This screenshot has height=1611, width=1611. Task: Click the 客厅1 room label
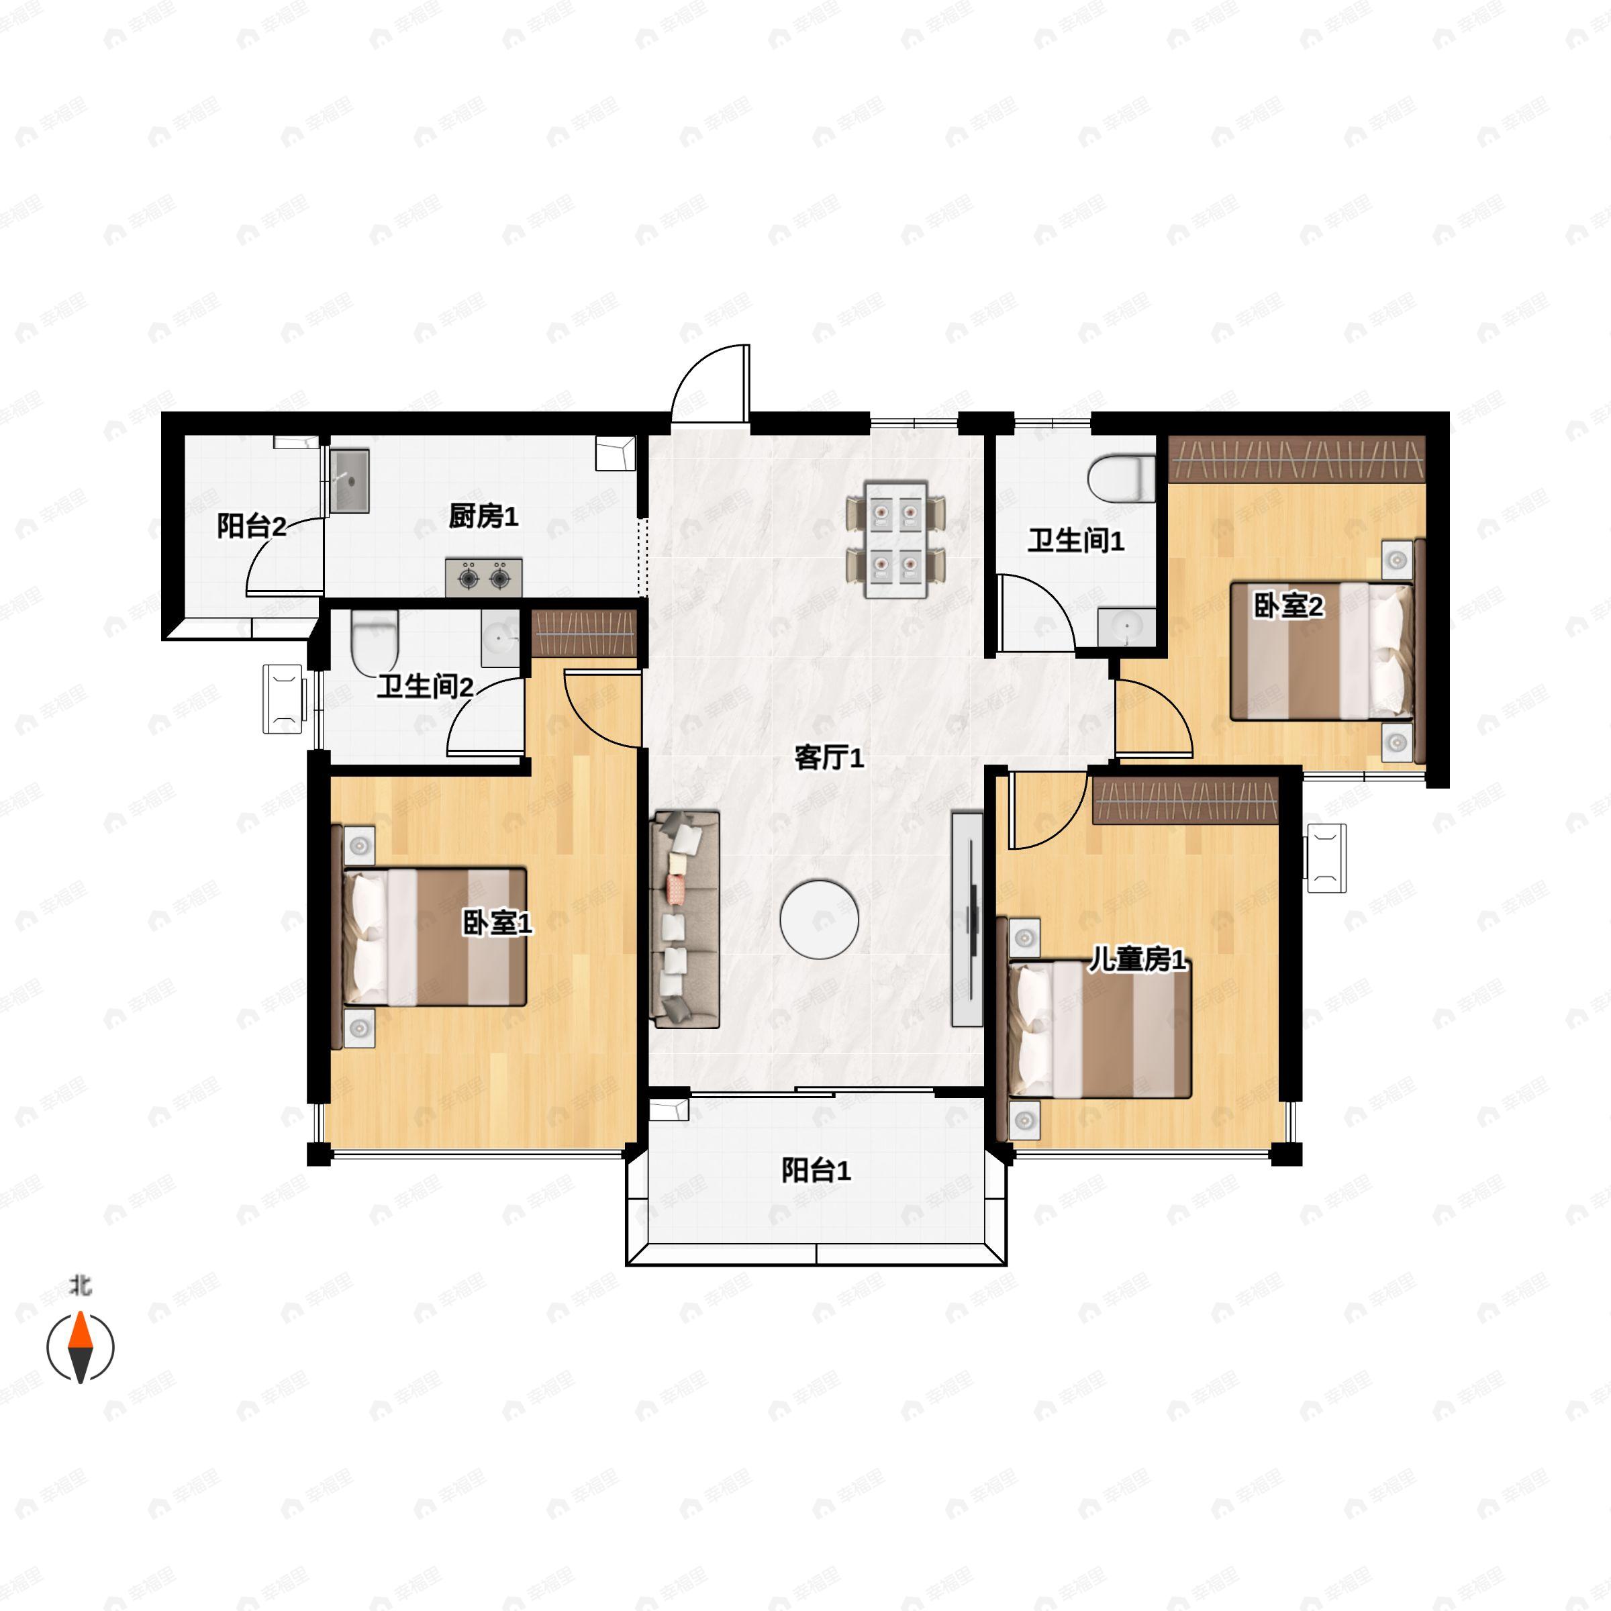pyautogui.click(x=829, y=757)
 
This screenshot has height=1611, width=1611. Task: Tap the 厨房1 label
pyautogui.click(x=483, y=516)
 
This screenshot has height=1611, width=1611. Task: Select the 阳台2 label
pyautogui.click(x=252, y=526)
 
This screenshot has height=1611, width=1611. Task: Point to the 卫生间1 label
pyautogui.click(x=1075, y=540)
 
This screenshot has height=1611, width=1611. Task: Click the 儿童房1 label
pyautogui.click(x=1137, y=960)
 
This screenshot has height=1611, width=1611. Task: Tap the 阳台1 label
pyautogui.click(x=816, y=1171)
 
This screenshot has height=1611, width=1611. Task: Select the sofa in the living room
pyautogui.click(x=685, y=918)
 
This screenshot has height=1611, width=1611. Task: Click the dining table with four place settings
pyautogui.click(x=896, y=538)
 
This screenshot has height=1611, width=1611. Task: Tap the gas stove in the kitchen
pyautogui.click(x=483, y=577)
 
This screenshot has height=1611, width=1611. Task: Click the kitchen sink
pyautogui.click(x=349, y=481)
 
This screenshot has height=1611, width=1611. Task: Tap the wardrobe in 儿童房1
pyautogui.click(x=1185, y=801)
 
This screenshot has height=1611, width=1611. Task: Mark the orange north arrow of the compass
pyautogui.click(x=80, y=1332)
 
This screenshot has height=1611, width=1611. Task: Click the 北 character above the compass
pyautogui.click(x=80, y=1287)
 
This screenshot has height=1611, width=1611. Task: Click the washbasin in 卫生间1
pyautogui.click(x=1126, y=626)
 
